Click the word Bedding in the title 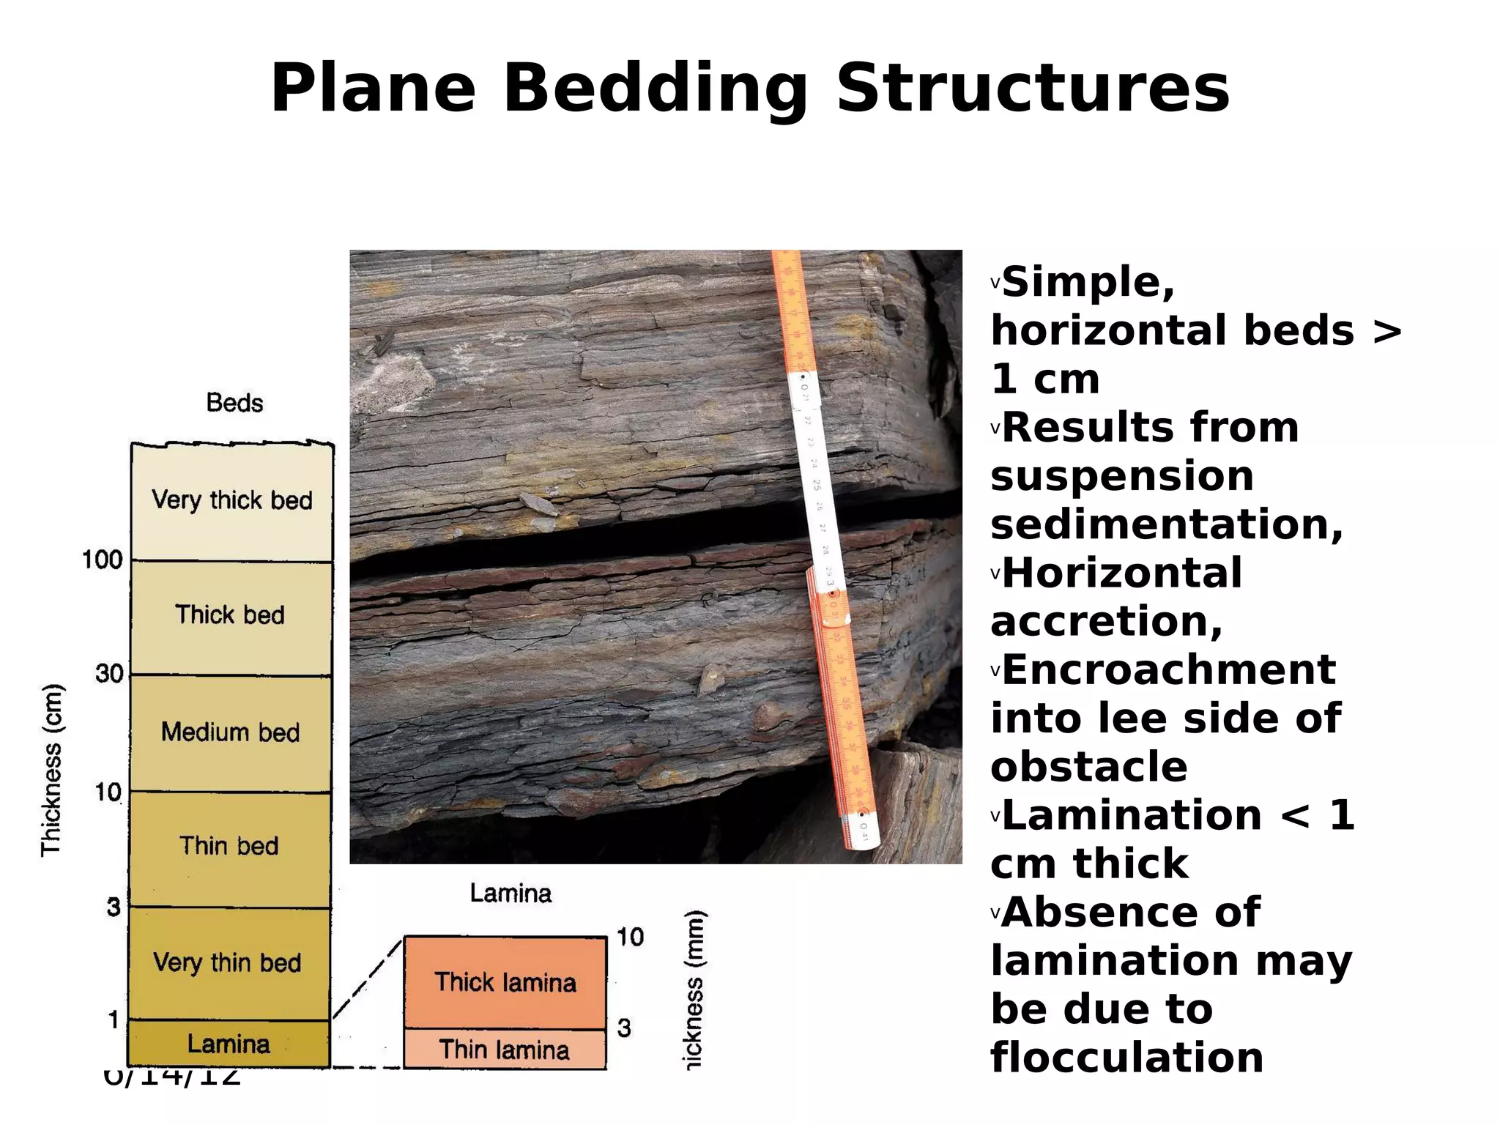coord(656,89)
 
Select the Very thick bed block coord(231,501)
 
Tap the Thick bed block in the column coord(230,616)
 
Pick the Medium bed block coord(230,732)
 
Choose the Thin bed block coord(229,847)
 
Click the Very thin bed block coord(228,962)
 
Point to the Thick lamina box coord(505,982)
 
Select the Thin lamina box coord(505,1050)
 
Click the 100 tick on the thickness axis coord(103,560)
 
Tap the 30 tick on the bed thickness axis coord(109,674)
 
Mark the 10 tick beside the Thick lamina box coord(630,937)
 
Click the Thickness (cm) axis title coord(51,769)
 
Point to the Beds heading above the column coord(234,403)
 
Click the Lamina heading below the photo coord(510,894)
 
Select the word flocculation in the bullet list coord(1126,1058)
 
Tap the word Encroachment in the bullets coord(1169,670)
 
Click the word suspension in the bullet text coord(1122,476)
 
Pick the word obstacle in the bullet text coord(1089,767)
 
